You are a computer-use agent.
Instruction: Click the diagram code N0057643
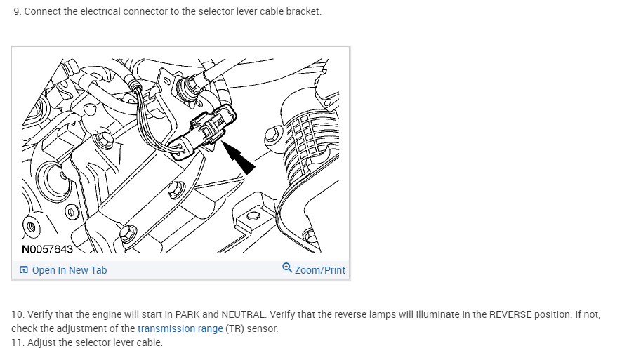pyautogui.click(x=47, y=248)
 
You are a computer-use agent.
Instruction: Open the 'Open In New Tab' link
pyautogui.click(x=69, y=270)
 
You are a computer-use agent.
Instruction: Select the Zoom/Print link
pyautogui.click(x=319, y=270)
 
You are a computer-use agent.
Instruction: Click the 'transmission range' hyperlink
pyautogui.click(x=180, y=328)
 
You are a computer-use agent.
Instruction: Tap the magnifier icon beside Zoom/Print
pyautogui.click(x=287, y=268)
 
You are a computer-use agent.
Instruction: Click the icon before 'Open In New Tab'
pyautogui.click(x=24, y=270)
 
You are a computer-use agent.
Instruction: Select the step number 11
pyautogui.click(x=18, y=342)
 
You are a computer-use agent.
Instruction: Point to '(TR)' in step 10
pyautogui.click(x=235, y=328)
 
